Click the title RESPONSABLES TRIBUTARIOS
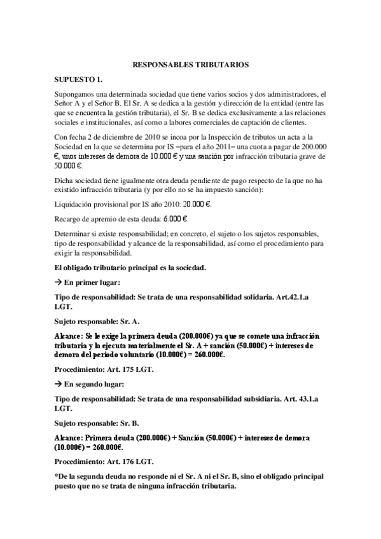[x=190, y=65]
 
